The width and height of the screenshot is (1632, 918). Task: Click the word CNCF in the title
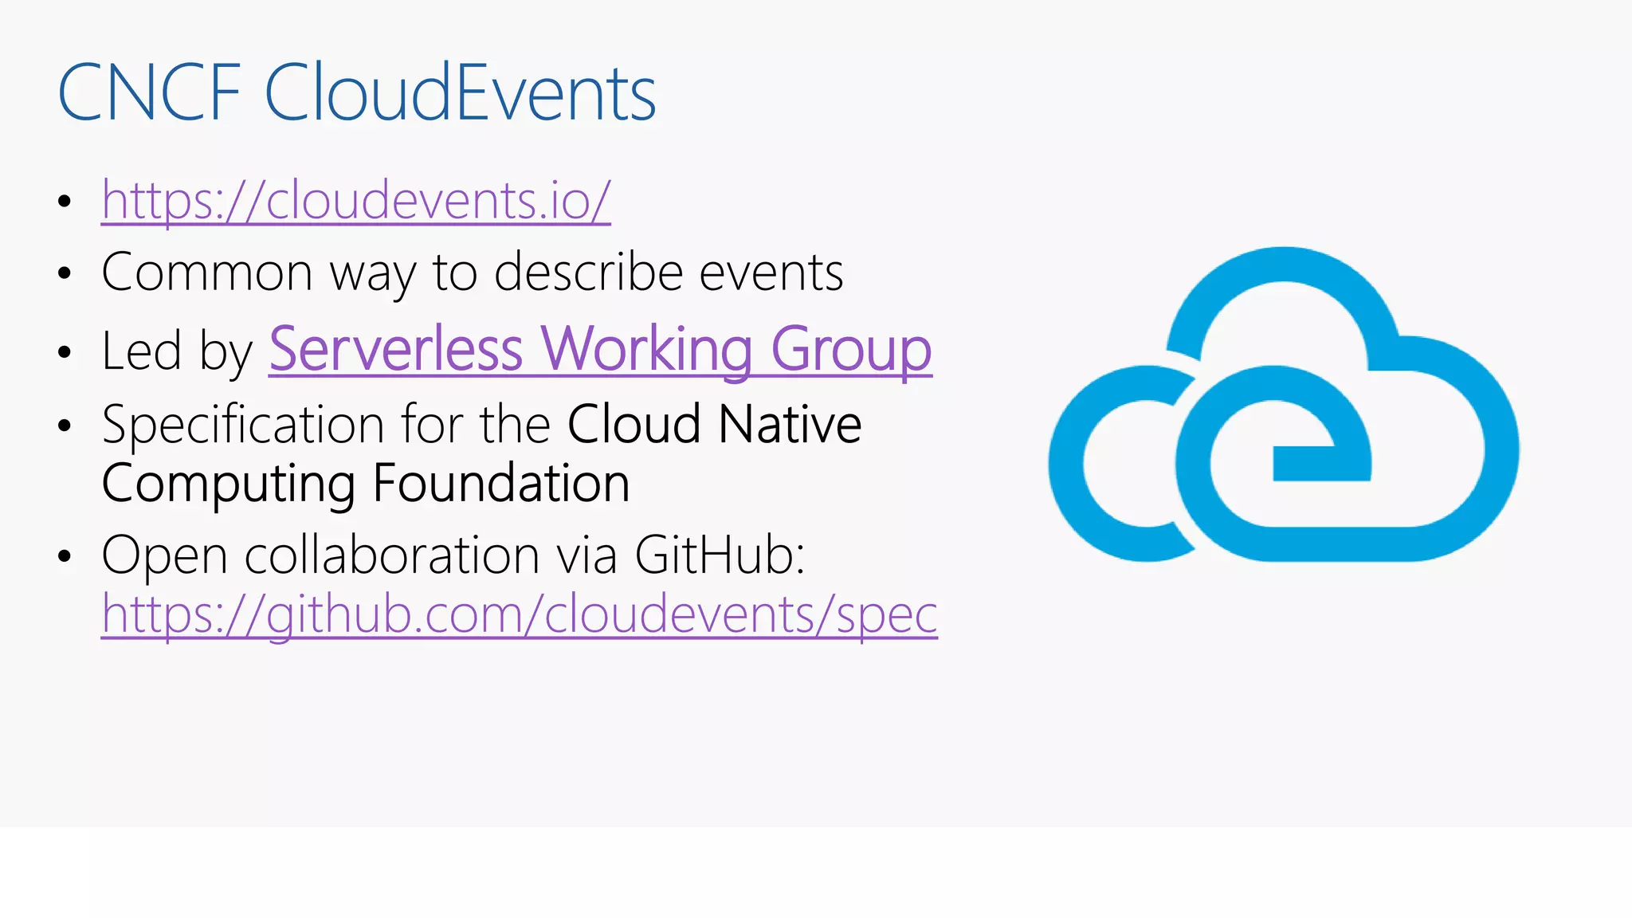point(149,93)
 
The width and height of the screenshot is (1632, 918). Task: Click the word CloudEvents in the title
point(460,93)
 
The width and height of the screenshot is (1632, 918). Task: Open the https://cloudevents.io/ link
point(355,200)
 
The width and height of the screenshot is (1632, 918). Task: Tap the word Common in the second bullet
point(207,273)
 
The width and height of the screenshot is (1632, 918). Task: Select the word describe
point(588,273)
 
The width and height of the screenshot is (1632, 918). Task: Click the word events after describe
point(771,273)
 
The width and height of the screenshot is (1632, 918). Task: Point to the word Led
point(141,351)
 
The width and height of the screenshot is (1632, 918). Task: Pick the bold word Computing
point(228,484)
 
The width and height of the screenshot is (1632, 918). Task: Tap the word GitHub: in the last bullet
point(720,555)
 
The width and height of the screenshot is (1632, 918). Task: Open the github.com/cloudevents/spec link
point(519,614)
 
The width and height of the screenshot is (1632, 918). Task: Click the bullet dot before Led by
point(65,352)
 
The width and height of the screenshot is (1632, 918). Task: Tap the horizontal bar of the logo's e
point(1321,464)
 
